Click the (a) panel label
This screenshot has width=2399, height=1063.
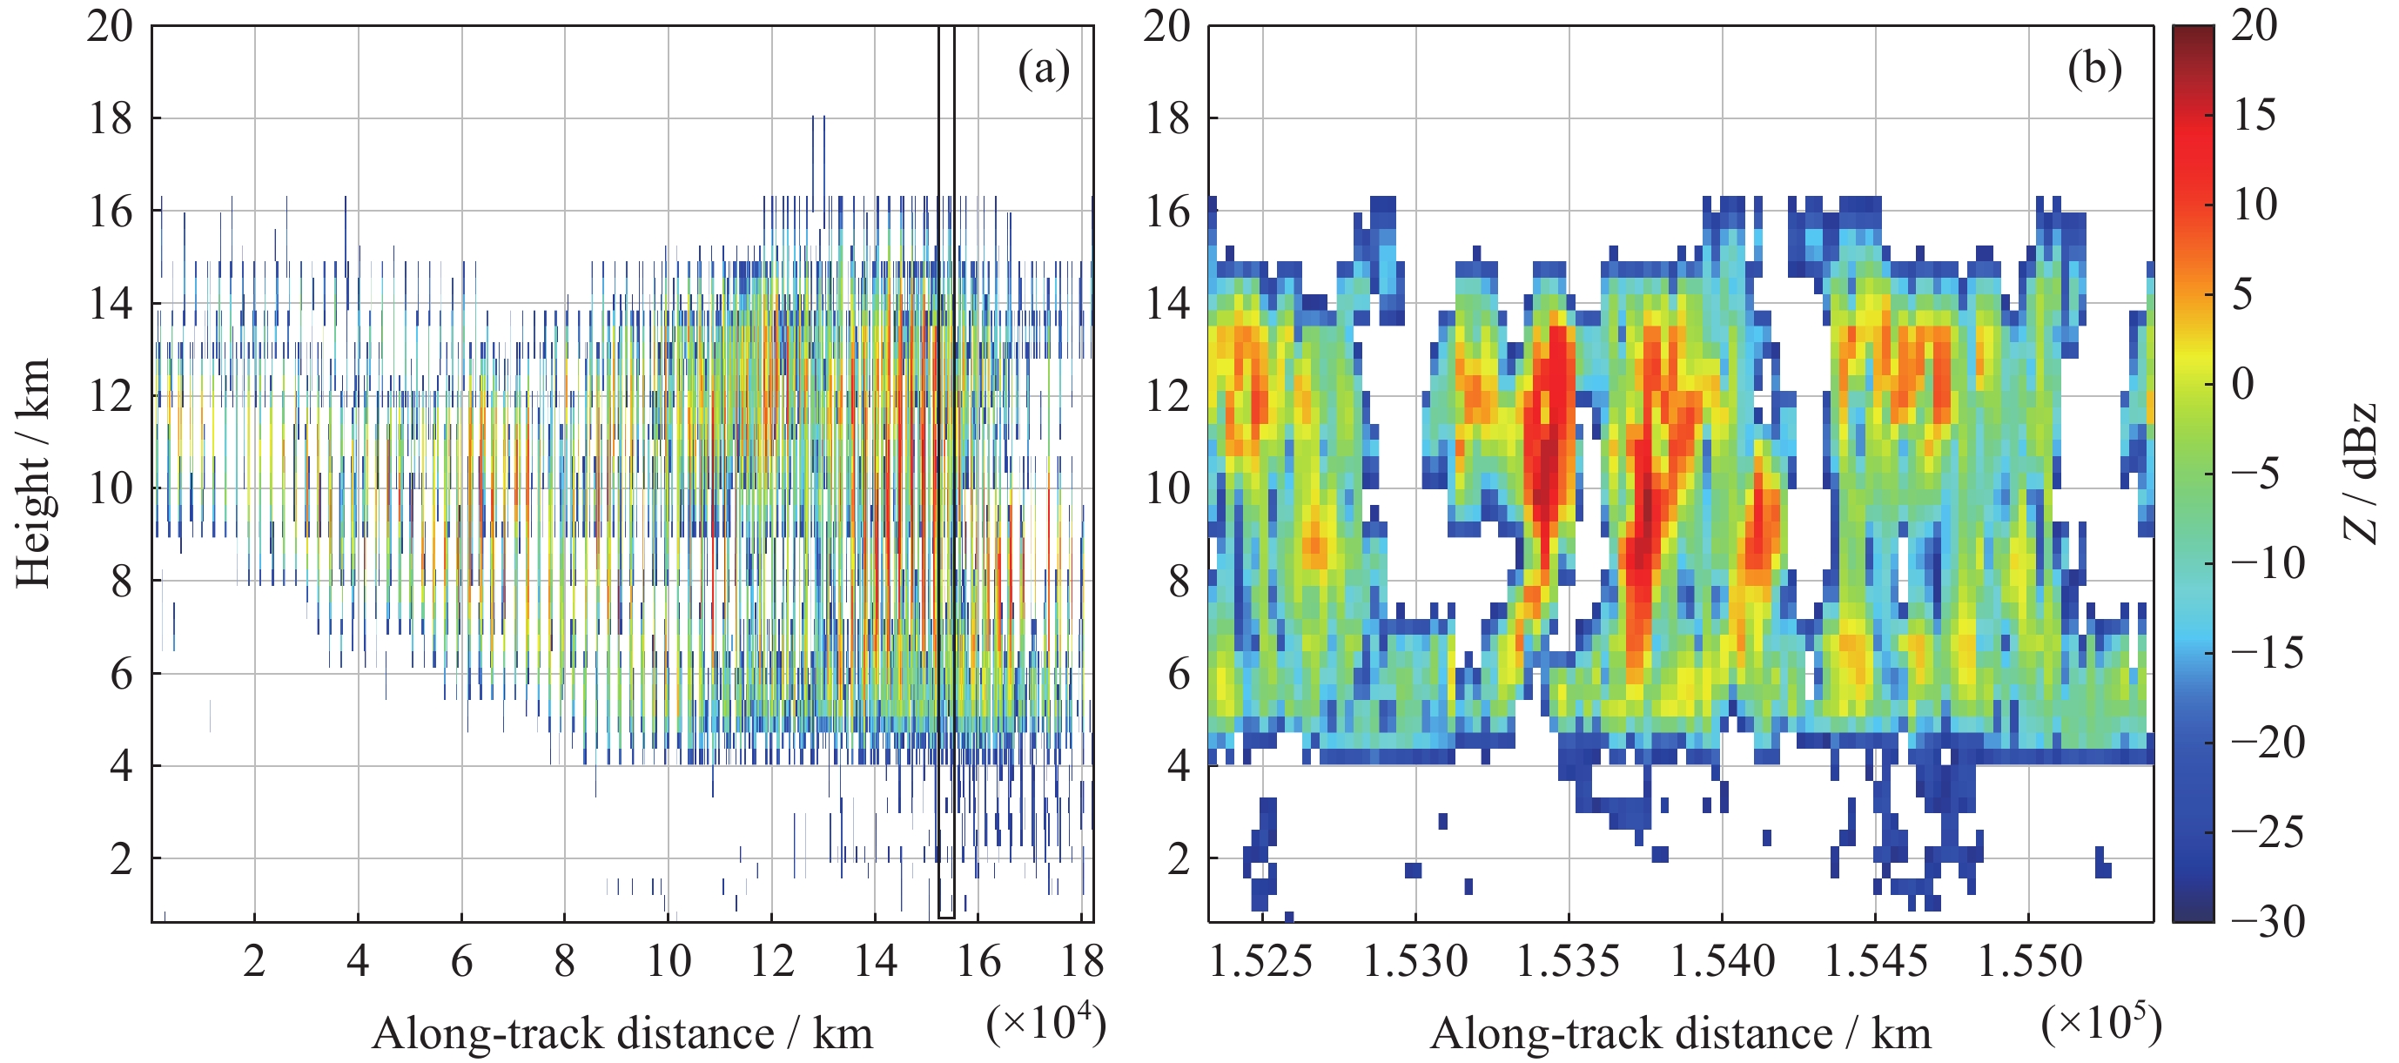(x=1043, y=69)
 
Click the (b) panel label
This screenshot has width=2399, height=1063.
(x=2094, y=69)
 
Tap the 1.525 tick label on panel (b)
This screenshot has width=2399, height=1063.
(x=1261, y=960)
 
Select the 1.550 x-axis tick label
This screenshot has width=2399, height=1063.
(x=2029, y=960)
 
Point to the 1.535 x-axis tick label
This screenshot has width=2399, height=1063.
(x=1569, y=960)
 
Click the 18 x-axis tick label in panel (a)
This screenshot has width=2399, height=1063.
(x=1082, y=960)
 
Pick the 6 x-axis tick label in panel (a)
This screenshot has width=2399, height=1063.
(x=461, y=960)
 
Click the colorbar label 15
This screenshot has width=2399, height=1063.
(x=2254, y=115)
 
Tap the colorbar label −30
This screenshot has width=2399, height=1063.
(x=2267, y=921)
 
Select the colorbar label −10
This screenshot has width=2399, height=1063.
(x=2267, y=562)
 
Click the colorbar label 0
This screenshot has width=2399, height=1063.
(x=2242, y=383)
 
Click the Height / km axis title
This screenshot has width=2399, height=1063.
(x=34, y=473)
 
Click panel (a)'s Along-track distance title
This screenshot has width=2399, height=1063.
(x=622, y=1033)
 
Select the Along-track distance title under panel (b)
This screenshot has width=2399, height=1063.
(x=1680, y=1033)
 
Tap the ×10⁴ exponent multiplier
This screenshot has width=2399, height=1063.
(x=1045, y=1024)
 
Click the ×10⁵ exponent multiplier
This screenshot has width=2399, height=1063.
(x=2101, y=1024)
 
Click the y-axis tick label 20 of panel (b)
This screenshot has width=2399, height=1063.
(x=1167, y=26)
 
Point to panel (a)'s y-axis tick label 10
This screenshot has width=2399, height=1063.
(x=111, y=488)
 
